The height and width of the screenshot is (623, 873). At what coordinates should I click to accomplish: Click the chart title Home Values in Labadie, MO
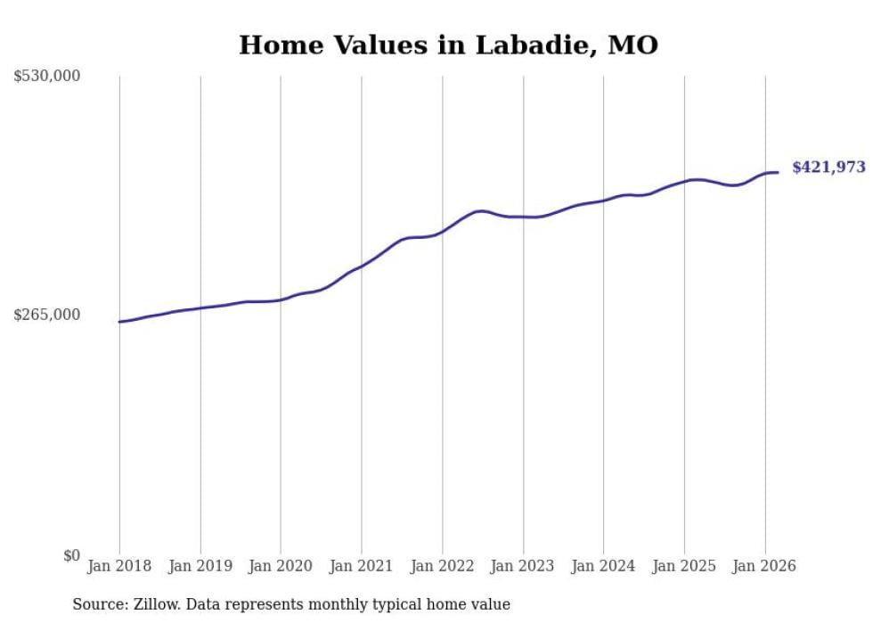click(x=448, y=45)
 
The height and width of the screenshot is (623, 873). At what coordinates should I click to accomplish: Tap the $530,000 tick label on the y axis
click(x=47, y=77)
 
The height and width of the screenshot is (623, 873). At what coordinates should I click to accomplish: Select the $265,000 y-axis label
click(x=47, y=315)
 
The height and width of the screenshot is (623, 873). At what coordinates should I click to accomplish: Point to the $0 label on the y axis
click(x=71, y=555)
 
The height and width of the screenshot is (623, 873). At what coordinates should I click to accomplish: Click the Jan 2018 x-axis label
click(x=119, y=566)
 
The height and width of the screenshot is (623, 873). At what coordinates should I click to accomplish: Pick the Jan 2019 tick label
click(x=200, y=566)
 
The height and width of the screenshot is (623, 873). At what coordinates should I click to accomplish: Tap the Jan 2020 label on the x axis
click(x=281, y=566)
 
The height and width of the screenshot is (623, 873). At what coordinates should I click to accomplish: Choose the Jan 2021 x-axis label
click(x=362, y=566)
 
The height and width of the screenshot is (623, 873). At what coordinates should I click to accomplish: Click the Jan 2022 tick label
click(x=442, y=566)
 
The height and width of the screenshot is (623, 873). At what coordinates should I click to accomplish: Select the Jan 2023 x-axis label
click(x=523, y=566)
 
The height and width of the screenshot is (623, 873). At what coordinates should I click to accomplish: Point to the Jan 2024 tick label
click(x=603, y=566)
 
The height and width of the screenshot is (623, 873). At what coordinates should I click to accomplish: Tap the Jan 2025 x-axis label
click(x=684, y=566)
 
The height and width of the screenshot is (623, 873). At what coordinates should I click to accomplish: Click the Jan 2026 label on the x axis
click(x=764, y=566)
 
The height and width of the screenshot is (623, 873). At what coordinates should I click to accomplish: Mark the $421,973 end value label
click(x=828, y=168)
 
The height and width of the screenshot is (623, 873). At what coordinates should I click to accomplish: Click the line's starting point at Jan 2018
click(x=119, y=322)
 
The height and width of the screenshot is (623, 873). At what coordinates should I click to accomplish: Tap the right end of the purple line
click(x=778, y=172)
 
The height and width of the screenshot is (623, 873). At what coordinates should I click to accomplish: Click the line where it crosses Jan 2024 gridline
click(x=603, y=201)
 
